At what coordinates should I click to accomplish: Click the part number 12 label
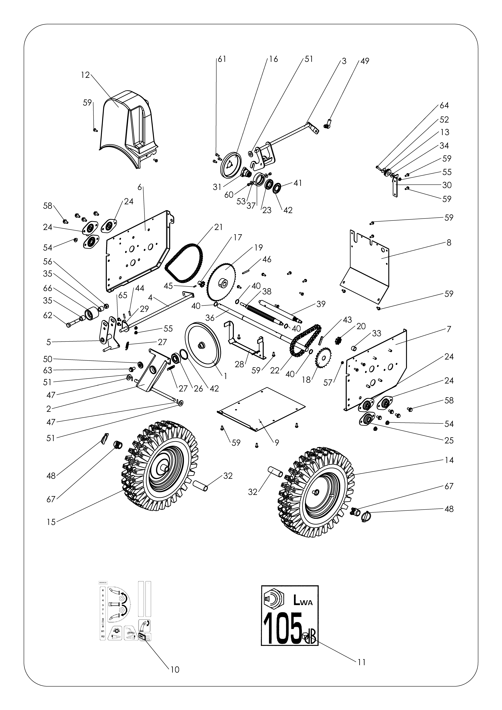click(x=85, y=75)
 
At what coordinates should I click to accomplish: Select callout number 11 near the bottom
click(x=361, y=662)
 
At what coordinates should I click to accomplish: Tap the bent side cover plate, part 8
click(x=368, y=269)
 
